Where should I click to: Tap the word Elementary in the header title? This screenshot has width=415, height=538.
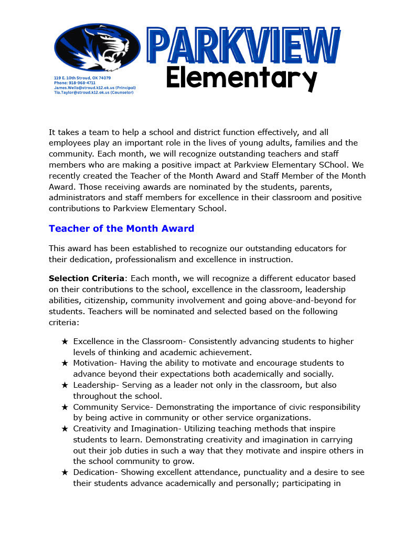tap(241, 79)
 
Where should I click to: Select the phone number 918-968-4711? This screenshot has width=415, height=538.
tap(75, 82)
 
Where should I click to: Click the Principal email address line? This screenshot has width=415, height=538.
tap(94, 87)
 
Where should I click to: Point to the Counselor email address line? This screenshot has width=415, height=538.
tap(93, 92)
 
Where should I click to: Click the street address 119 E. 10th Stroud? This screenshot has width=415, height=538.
tap(82, 78)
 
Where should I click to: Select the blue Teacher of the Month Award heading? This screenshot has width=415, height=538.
tap(121, 229)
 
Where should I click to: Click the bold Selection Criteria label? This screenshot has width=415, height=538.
tap(86, 278)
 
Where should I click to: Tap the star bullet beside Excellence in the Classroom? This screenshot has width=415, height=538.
tap(65, 342)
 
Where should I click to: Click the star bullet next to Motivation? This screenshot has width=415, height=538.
tap(65, 363)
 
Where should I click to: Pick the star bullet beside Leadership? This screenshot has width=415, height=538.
tap(65, 385)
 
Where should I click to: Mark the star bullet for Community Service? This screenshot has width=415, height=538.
tap(65, 407)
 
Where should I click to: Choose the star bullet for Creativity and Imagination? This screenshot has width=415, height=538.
tap(65, 429)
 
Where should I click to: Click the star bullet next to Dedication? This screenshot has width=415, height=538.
tap(65, 472)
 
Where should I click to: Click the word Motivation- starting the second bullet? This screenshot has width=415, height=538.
tap(96, 363)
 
